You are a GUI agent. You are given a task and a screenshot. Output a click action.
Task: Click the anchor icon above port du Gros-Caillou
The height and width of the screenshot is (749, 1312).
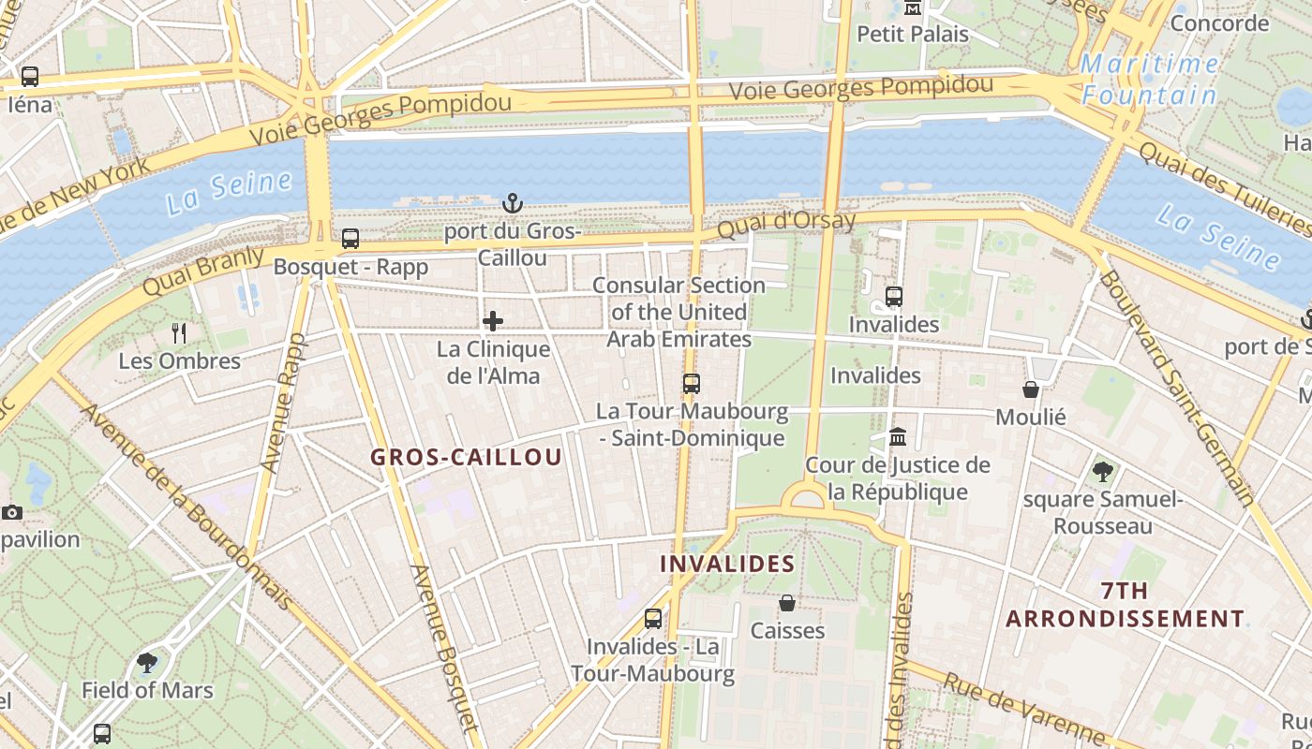tap(512, 202)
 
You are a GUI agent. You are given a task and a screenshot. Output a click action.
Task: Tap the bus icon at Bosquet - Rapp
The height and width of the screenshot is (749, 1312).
tap(350, 239)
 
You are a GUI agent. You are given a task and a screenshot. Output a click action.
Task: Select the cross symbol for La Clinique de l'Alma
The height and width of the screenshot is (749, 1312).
tap(493, 322)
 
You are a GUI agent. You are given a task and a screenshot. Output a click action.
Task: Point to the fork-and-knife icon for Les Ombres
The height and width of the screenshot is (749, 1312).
tap(179, 332)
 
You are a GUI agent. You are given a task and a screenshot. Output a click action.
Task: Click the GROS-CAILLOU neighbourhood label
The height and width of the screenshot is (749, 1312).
tap(466, 458)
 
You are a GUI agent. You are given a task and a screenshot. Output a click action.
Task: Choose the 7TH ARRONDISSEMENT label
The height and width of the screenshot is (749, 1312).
tap(1126, 605)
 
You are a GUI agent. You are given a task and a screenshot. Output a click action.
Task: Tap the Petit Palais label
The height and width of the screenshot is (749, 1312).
tap(913, 35)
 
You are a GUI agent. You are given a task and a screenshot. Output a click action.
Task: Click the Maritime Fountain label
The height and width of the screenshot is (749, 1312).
tap(1150, 80)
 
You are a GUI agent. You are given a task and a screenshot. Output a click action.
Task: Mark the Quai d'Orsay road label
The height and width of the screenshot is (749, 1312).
tap(786, 224)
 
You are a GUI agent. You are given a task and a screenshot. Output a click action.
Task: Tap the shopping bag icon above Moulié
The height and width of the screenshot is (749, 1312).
tap(1031, 389)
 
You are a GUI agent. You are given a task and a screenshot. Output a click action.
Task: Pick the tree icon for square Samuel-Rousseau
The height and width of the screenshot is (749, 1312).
tap(1103, 471)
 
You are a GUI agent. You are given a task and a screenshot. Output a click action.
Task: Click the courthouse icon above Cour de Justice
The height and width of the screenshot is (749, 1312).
tap(898, 437)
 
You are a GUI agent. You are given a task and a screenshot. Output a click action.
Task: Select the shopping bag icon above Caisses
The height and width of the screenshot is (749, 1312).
tap(787, 603)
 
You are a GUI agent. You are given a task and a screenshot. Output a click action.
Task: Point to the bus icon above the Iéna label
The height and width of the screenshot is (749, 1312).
tap(29, 77)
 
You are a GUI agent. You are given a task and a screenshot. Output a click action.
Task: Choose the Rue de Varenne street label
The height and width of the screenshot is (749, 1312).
tap(1023, 709)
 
